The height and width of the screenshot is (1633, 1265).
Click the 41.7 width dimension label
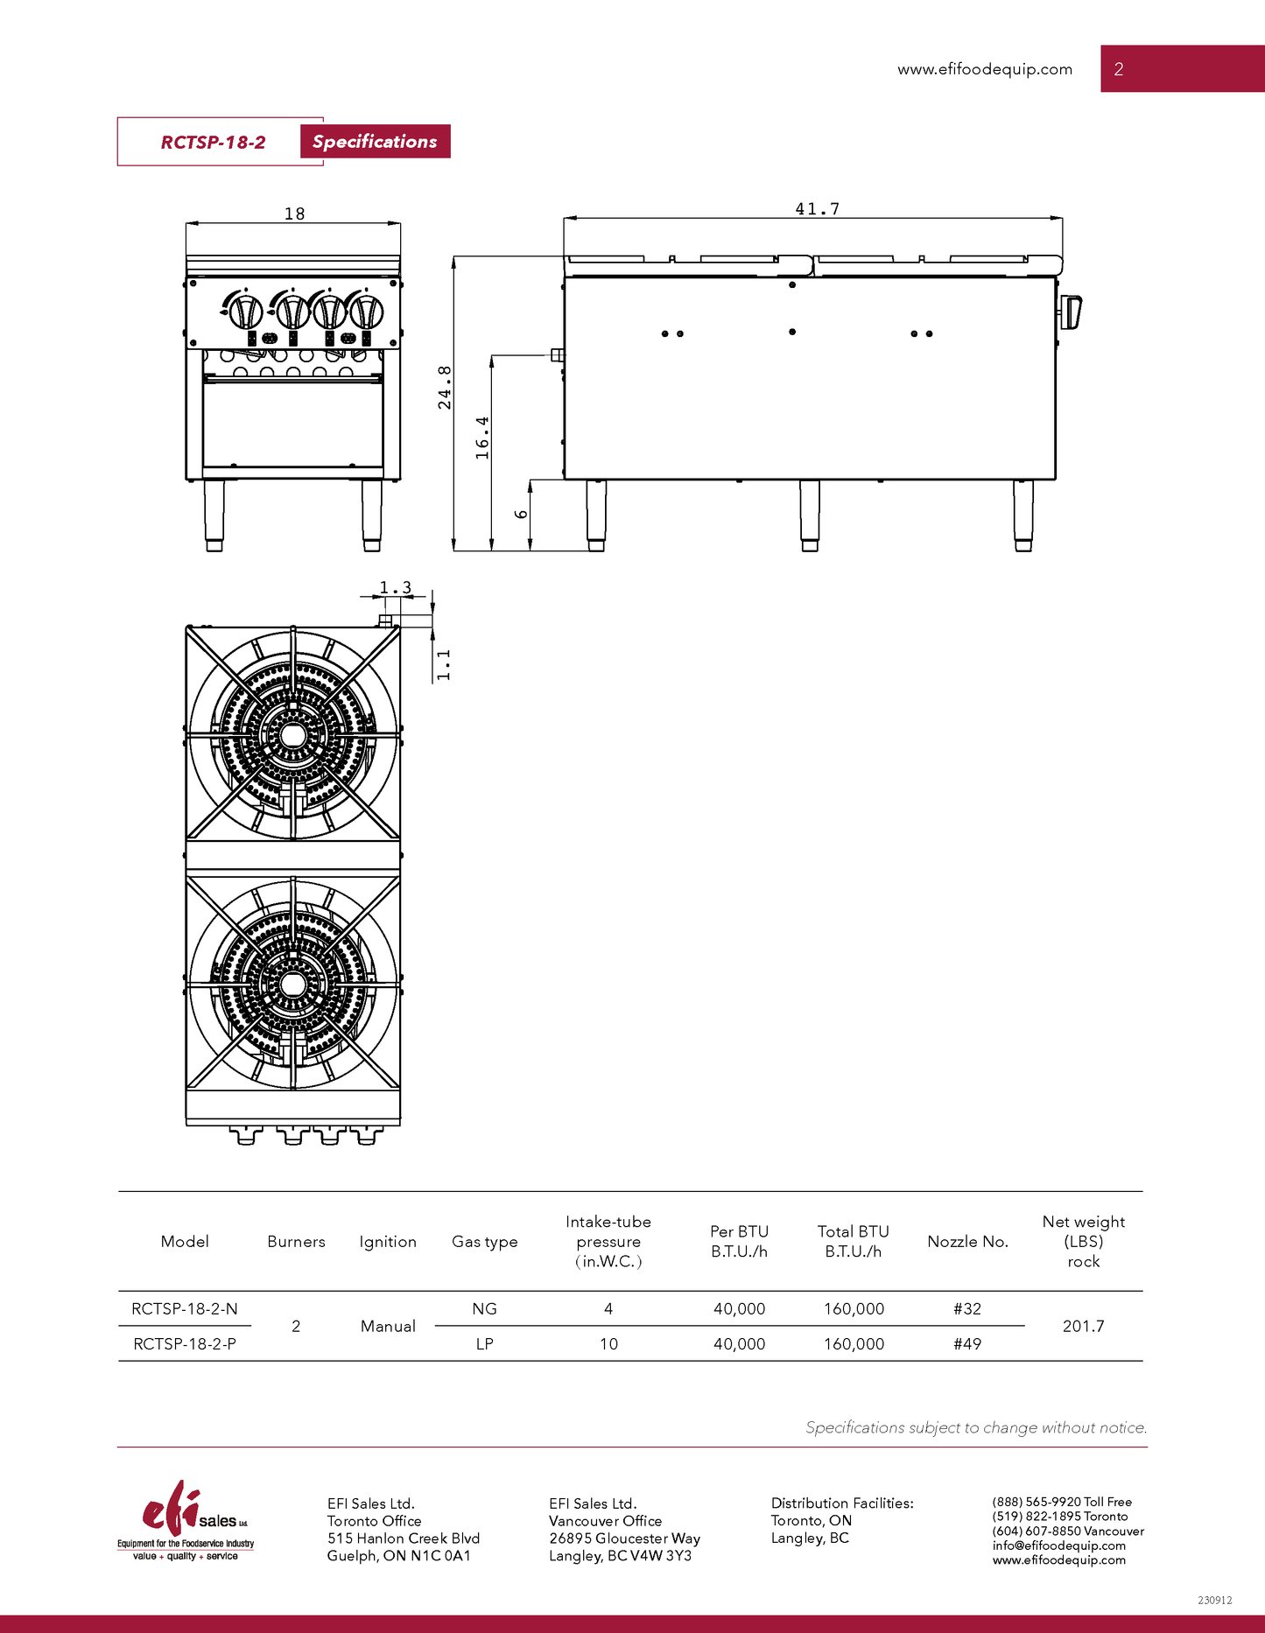817,209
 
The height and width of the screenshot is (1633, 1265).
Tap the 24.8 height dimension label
445,388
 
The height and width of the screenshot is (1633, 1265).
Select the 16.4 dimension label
482,438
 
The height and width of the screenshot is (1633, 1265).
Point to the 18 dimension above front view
294,214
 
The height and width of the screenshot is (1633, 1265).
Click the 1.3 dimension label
395,588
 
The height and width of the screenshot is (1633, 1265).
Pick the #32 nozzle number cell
966,1309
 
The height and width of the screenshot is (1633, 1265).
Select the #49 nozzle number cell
966,1344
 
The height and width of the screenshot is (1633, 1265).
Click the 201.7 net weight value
1083,1327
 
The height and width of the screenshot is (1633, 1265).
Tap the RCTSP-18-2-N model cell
185,1309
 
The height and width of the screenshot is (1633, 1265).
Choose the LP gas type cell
484,1344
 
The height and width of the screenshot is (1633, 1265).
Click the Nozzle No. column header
967,1242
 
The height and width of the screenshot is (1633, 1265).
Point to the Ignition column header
388,1242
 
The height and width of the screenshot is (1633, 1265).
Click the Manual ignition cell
388,1327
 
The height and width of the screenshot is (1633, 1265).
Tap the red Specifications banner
375,142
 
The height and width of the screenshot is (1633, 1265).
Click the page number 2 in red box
1118,69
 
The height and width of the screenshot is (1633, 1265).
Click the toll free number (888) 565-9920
1062,1502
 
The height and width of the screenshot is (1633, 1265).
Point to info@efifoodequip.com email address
1058,1545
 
